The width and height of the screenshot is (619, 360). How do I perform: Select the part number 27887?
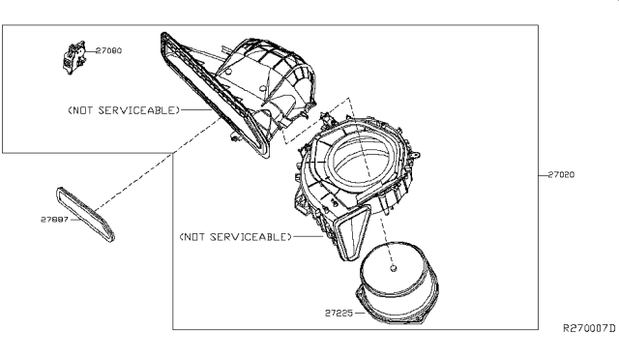pos(54,219)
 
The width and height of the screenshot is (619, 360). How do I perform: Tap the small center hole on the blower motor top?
pos(394,269)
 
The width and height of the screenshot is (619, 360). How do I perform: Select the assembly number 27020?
pos(562,175)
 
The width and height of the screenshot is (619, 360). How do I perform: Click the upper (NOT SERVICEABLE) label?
pos(124,110)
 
